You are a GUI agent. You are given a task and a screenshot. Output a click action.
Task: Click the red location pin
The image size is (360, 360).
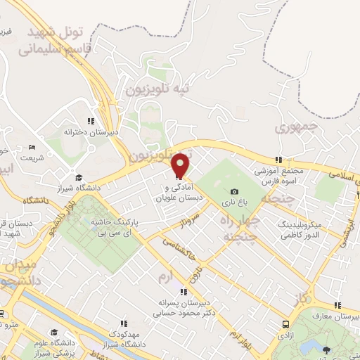181,164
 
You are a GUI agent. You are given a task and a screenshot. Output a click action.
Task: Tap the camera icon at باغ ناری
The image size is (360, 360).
234,191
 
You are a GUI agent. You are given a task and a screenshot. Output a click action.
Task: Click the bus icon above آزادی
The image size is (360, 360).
285,325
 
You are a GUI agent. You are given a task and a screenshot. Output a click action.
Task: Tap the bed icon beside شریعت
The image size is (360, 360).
32,148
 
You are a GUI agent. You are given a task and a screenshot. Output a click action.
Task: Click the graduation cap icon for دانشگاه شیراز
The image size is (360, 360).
79,178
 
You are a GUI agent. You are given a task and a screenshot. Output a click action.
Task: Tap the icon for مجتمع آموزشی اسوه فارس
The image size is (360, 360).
279,160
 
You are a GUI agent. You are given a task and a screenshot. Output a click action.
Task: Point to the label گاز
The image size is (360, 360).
302,298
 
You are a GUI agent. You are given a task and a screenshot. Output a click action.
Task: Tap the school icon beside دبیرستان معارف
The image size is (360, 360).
338,305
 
